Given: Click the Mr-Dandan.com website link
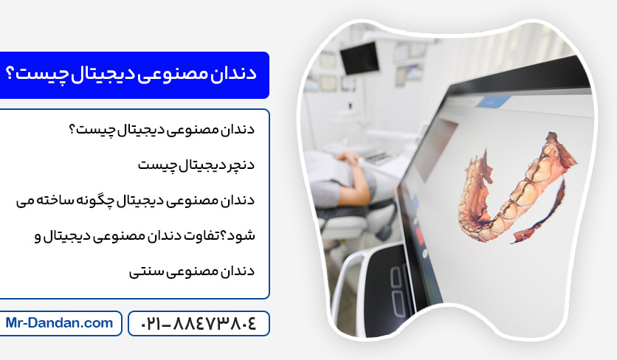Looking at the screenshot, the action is pos(59,323).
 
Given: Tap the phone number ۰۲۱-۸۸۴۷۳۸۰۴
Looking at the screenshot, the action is pos(199,324).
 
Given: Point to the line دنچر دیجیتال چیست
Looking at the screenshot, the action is pos(196,165).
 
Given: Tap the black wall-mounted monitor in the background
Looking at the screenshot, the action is pos(359,58).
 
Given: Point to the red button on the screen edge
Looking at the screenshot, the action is pos(419,235).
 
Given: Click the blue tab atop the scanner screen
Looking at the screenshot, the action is pos(494,102).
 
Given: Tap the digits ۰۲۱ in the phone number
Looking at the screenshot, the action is pos(151,324).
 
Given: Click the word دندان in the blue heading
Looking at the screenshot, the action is pos(233,74).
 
